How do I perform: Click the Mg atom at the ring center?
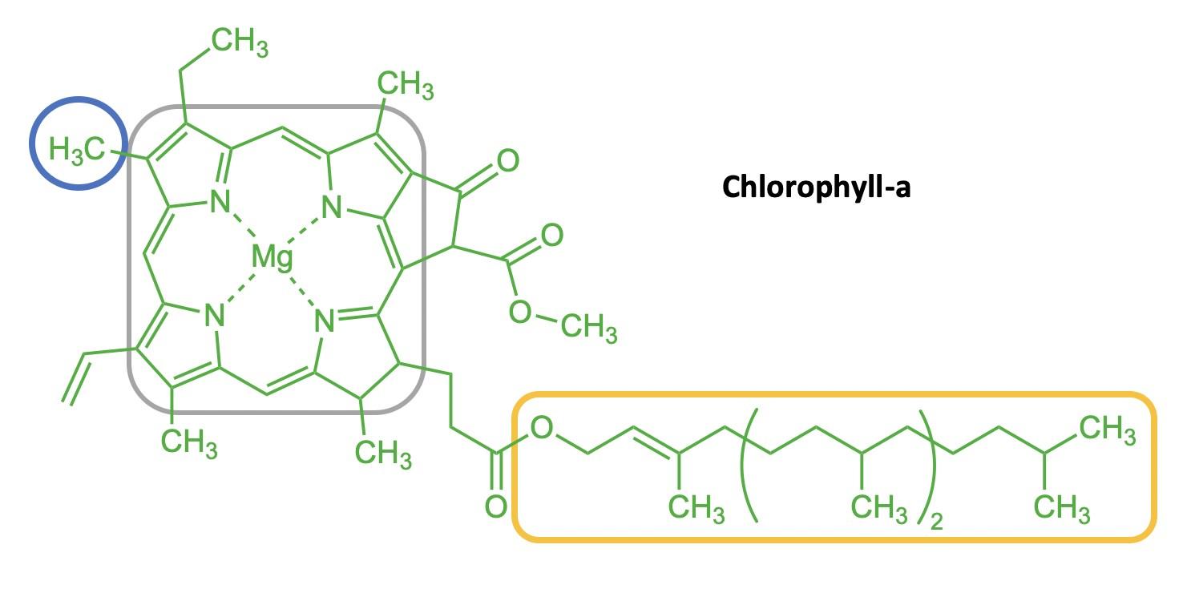[272, 257]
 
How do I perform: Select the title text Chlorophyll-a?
[816, 187]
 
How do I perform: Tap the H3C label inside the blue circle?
[77, 149]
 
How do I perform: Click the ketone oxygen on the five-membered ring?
[507, 162]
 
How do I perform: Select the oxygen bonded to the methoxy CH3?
[520, 312]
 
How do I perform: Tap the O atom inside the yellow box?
[543, 428]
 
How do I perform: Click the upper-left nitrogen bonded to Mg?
[220, 203]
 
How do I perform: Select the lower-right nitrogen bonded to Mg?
[325, 321]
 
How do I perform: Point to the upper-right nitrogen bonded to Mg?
[332, 208]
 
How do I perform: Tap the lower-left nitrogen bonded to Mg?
[213, 316]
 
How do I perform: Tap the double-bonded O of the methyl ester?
[551, 235]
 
